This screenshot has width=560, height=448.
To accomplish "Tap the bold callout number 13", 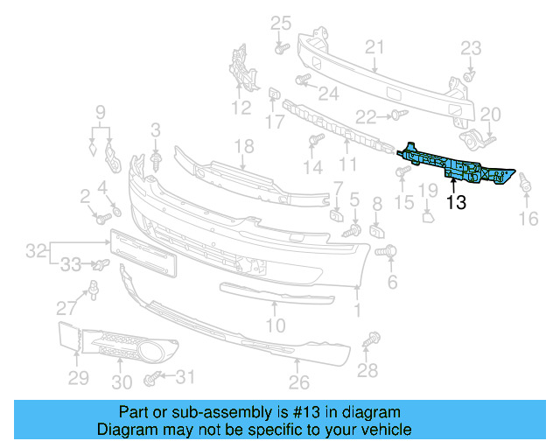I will [x=456, y=204].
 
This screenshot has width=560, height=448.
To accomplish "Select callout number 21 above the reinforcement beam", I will [x=374, y=47].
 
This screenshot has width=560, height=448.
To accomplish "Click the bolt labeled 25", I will [x=280, y=47].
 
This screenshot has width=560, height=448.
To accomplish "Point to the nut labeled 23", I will [x=469, y=76].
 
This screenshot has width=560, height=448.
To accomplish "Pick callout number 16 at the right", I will [x=528, y=219].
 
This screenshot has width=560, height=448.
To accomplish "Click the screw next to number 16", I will [x=527, y=184].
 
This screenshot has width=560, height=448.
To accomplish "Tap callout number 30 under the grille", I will [x=122, y=382].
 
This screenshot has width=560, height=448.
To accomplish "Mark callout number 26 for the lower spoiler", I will [x=299, y=382].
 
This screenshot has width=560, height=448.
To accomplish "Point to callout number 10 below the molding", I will [x=275, y=326].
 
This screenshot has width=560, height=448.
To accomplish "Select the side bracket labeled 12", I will [x=241, y=70].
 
